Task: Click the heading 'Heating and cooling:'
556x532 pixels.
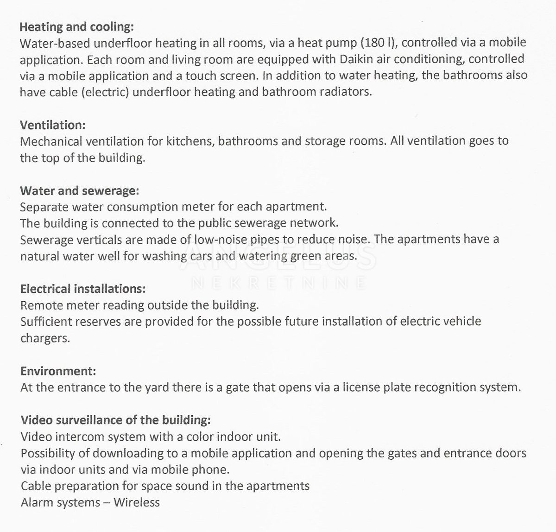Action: click(76, 26)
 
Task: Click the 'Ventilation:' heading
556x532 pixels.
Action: click(53, 125)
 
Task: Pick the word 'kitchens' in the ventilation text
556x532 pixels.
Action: click(191, 141)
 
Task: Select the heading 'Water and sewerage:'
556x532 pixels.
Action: click(79, 190)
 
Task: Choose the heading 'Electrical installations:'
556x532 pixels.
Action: click(83, 289)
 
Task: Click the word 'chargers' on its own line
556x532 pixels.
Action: click(45, 338)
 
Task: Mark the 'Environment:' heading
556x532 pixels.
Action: click(58, 371)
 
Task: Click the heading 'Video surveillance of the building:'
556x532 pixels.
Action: click(115, 420)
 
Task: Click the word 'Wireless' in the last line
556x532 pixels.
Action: click(137, 502)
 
